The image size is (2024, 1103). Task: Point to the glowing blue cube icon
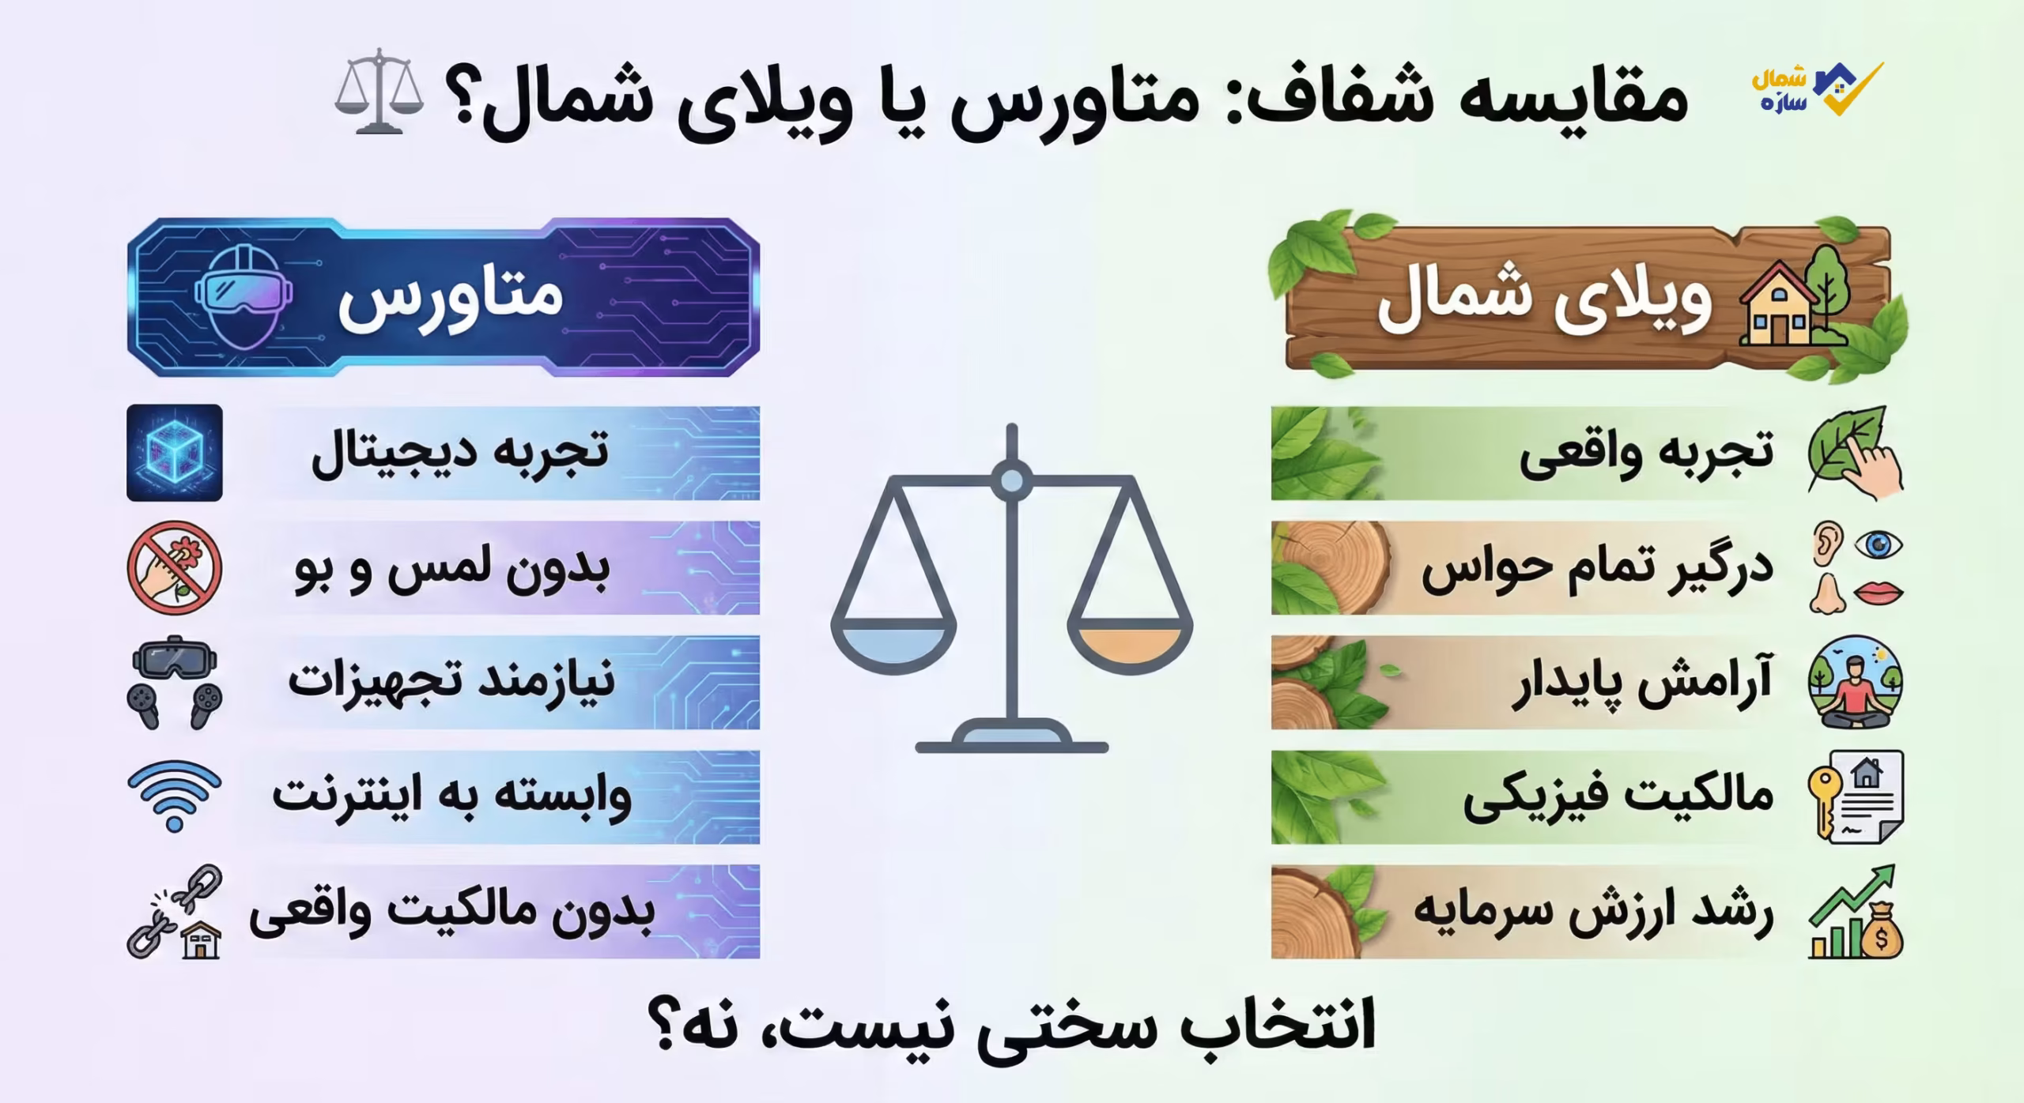[174, 453]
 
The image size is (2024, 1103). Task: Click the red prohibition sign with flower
[174, 567]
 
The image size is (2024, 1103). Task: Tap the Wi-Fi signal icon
[174, 794]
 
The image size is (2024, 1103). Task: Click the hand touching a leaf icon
[1855, 453]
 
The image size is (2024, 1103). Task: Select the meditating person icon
[1855, 682]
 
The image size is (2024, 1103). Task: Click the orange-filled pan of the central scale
[1129, 645]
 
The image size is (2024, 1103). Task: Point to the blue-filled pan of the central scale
[893, 645]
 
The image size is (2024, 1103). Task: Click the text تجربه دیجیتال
[460, 454]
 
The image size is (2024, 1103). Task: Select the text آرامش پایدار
[1641, 683]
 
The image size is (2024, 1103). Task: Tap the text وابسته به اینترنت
[452, 796]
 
